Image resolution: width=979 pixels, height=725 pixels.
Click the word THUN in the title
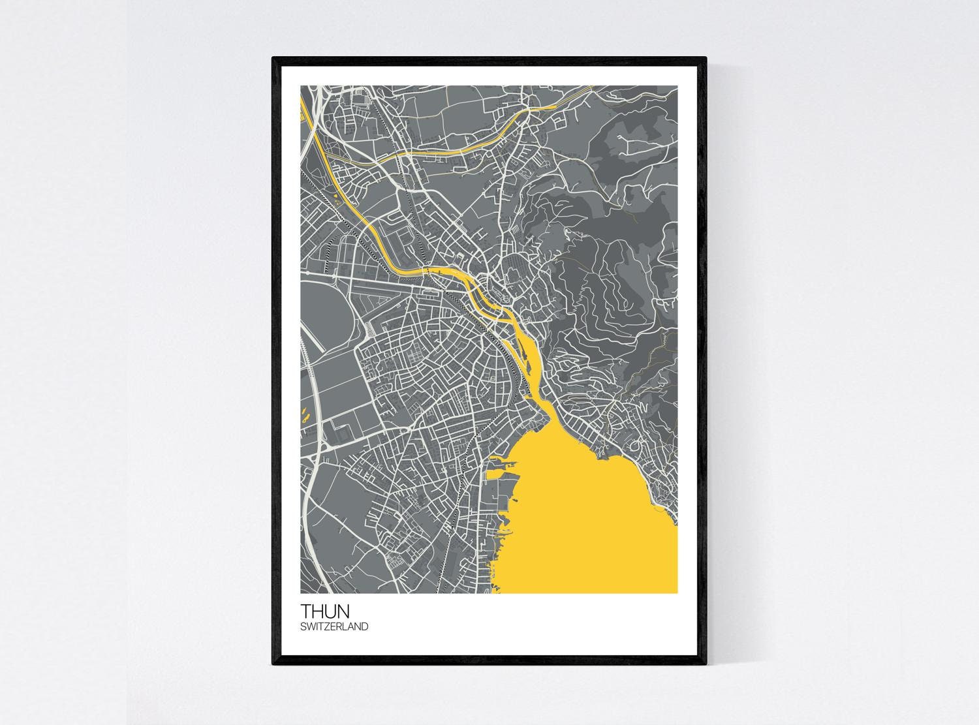(x=324, y=611)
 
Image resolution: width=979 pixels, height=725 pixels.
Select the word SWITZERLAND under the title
(x=334, y=626)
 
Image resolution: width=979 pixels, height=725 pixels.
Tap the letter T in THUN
(x=306, y=611)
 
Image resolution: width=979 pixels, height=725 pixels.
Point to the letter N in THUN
(x=343, y=611)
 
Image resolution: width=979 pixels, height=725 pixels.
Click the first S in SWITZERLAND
(x=303, y=626)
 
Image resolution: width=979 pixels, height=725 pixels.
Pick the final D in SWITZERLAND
(x=365, y=626)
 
